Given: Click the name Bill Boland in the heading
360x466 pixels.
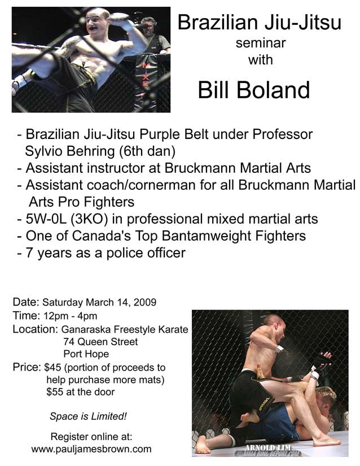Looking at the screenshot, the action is click(x=254, y=90).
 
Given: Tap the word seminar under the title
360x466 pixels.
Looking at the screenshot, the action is click(x=261, y=43).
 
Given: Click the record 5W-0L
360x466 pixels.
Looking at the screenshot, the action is click(x=46, y=219).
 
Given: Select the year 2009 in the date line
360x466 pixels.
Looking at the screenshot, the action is click(x=145, y=302).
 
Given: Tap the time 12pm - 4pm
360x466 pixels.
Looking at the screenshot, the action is click(x=71, y=316).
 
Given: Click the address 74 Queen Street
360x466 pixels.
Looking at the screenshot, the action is click(x=100, y=342).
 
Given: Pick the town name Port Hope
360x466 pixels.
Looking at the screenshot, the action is click(x=86, y=354).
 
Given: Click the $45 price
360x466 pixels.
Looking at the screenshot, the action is click(x=52, y=368).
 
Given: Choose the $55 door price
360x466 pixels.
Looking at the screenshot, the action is click(x=55, y=392).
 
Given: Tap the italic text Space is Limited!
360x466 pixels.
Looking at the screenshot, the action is click(x=88, y=416).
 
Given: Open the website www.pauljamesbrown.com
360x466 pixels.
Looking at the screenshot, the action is click(x=91, y=448).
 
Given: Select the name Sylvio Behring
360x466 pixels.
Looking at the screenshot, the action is click(x=70, y=151).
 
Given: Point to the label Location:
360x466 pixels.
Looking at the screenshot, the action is click(x=35, y=329).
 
